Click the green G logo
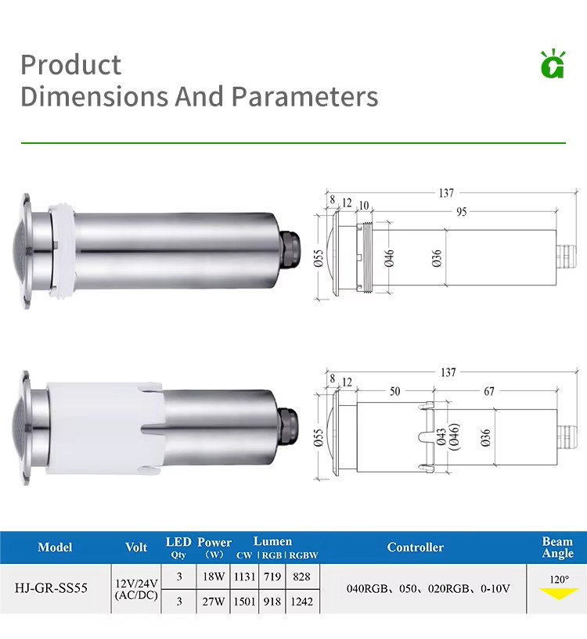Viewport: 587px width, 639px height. [553, 63]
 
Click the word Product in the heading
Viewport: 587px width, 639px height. [71, 65]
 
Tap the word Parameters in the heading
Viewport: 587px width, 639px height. [304, 96]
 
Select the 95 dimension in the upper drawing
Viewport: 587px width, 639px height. [461, 212]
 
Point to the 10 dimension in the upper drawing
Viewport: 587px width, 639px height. [363, 205]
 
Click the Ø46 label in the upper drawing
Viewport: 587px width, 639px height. [389, 258]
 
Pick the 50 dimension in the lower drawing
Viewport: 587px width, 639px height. [394, 391]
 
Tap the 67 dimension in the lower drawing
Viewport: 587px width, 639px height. [488, 391]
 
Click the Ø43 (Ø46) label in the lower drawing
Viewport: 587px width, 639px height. [448, 437]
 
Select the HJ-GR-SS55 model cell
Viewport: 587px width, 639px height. [51, 588]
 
